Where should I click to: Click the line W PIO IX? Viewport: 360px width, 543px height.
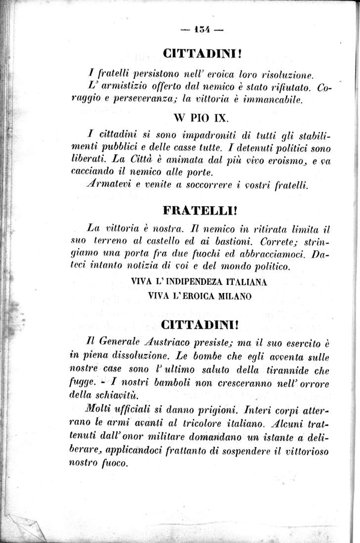[x=200, y=120]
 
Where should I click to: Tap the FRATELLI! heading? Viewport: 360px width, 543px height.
[x=200, y=210]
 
